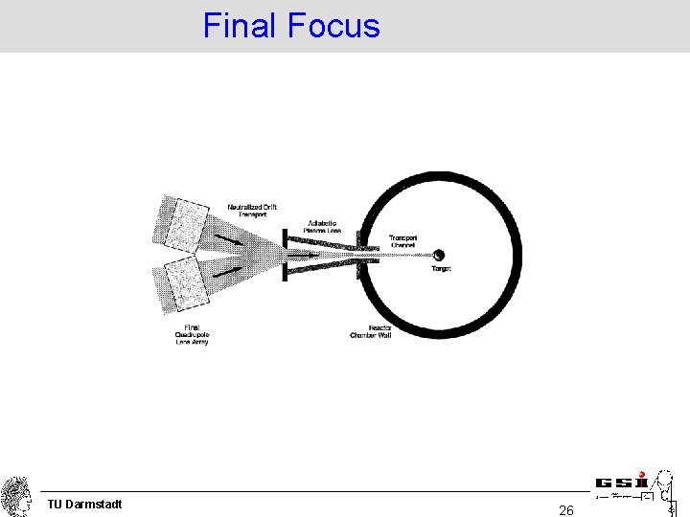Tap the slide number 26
tap(566, 510)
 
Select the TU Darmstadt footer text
tap(84, 504)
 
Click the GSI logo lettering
tap(622, 483)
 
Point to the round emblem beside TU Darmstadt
tap(16, 496)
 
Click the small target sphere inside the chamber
tap(439, 255)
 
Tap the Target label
tap(441, 269)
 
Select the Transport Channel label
tap(403, 240)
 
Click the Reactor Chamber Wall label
tap(370, 331)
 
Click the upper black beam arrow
tap(228, 236)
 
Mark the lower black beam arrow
tap(226, 271)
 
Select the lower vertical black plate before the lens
tap(284, 272)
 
